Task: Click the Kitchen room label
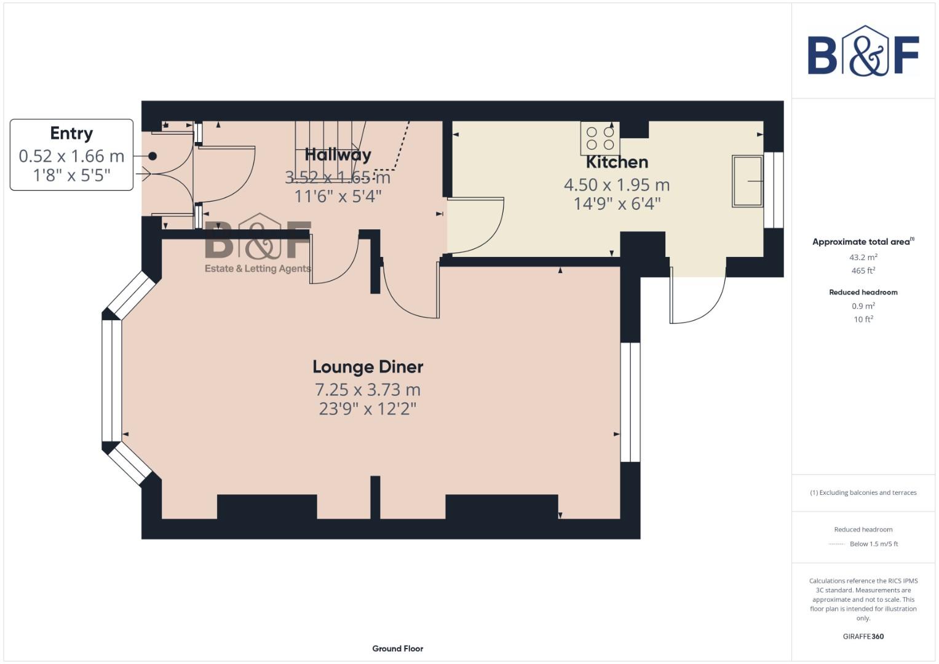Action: [617, 162]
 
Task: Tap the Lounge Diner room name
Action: [368, 367]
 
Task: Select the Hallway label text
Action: [338, 154]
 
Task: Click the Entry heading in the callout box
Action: [71, 133]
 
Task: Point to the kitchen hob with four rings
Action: [600, 138]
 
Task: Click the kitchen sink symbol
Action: [747, 181]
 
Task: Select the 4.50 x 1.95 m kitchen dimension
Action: [617, 184]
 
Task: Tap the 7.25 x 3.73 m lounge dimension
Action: [368, 390]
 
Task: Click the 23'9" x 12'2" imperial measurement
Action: [368, 409]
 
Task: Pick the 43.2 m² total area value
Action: [863, 257]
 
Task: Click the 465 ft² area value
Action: [863, 271]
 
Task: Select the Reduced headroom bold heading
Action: [863, 292]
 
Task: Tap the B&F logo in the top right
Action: [863, 53]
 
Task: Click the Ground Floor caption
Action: [397, 648]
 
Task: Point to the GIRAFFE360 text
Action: [863, 636]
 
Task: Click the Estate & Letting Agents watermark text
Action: [257, 269]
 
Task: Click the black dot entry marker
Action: [153, 156]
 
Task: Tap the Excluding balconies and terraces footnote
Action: [863, 492]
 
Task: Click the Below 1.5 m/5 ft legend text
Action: [873, 543]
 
